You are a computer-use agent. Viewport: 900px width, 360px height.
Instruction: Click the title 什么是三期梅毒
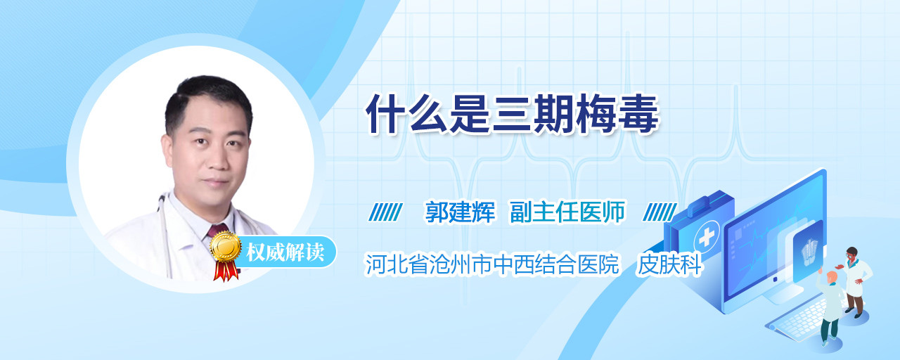pyautogui.click(x=512, y=114)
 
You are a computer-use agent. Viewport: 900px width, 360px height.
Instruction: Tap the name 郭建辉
pyautogui.click(x=460, y=212)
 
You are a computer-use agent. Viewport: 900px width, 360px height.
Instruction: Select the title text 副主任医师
pyautogui.click(x=567, y=212)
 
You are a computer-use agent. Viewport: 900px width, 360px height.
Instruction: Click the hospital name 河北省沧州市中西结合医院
pyautogui.click(x=491, y=264)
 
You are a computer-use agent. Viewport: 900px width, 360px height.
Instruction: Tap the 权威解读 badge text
pyautogui.click(x=285, y=252)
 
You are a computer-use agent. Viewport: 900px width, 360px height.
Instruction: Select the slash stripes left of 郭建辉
pyautogui.click(x=385, y=212)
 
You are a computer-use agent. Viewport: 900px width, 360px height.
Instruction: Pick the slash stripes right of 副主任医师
pyautogui.click(x=660, y=212)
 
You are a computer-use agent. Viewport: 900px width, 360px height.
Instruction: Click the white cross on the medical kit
pyautogui.click(x=707, y=238)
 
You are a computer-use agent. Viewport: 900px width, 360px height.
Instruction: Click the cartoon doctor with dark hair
pyautogui.click(x=855, y=282)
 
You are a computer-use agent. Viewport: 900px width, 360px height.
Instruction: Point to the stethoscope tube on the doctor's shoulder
pyautogui.click(x=165, y=233)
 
